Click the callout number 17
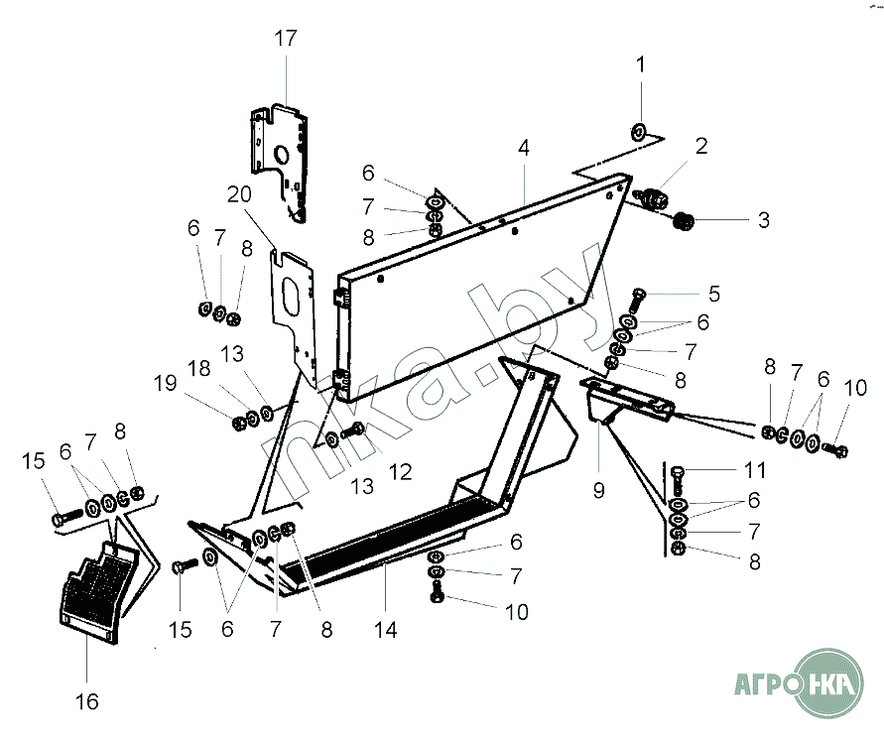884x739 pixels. (286, 39)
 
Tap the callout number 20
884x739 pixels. (239, 194)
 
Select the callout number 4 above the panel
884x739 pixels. (524, 148)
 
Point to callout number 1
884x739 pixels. (640, 64)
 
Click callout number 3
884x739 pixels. (763, 220)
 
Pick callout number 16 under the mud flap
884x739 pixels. (87, 701)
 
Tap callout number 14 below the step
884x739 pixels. (386, 630)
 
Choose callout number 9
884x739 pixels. (598, 490)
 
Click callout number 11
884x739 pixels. (755, 469)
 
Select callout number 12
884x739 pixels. (400, 472)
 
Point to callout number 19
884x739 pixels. (165, 383)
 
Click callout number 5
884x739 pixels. (714, 294)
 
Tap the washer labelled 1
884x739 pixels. (638, 133)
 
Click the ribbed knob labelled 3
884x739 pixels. (684, 220)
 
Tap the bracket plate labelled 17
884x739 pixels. (280, 161)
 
